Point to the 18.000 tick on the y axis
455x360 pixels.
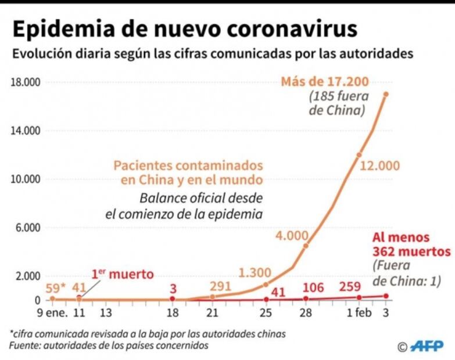[26, 82]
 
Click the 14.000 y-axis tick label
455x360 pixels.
[26, 131]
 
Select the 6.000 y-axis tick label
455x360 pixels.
[26, 228]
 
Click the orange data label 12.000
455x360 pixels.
[379, 166]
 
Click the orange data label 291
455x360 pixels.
[220, 286]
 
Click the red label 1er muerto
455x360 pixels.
[123, 273]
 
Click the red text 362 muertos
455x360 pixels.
[410, 252]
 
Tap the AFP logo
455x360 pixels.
[427, 346]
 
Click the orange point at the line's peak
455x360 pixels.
[386, 94]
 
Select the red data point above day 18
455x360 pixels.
[173, 298]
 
